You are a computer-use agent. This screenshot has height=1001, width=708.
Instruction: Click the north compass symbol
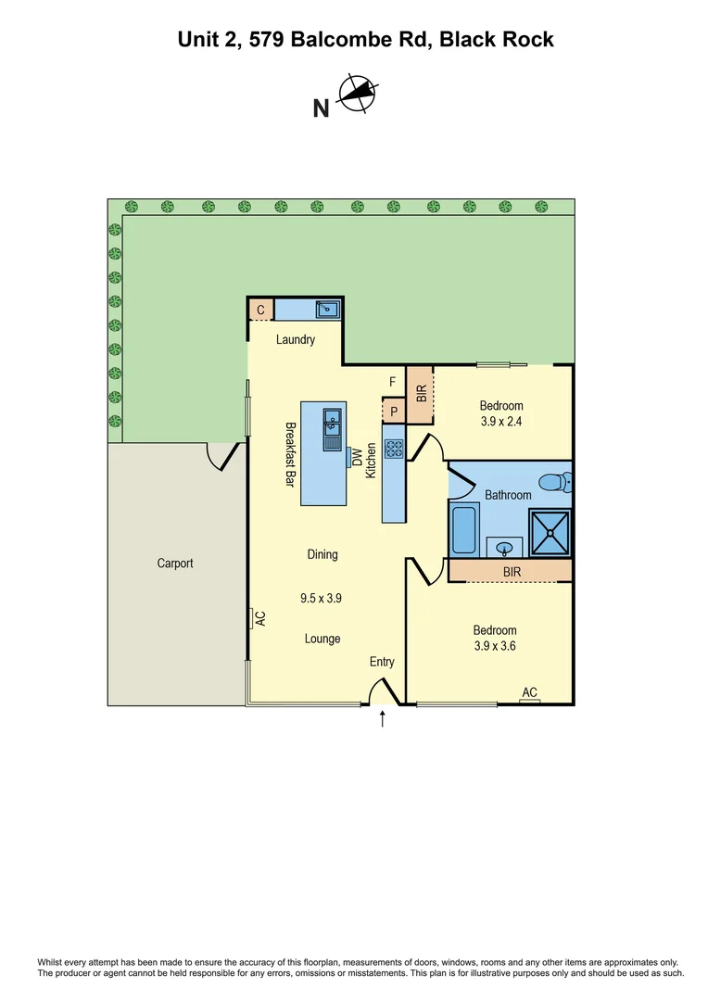tap(358, 94)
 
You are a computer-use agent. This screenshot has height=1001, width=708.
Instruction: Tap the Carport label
tap(175, 563)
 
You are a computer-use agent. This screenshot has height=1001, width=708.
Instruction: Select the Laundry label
tap(296, 339)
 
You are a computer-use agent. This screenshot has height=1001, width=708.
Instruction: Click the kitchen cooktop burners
tap(394, 449)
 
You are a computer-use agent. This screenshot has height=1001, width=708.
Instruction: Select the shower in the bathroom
tap(550, 532)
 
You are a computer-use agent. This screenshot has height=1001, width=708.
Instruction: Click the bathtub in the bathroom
tap(463, 529)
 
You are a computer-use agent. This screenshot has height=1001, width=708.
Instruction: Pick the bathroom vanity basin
tap(506, 547)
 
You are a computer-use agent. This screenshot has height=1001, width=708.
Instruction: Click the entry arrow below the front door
tap(383, 719)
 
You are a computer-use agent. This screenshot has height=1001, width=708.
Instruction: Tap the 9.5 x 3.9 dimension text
tap(322, 599)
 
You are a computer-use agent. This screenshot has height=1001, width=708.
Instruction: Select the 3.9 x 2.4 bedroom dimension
tap(501, 422)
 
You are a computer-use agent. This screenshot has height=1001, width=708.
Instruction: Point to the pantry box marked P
tap(394, 411)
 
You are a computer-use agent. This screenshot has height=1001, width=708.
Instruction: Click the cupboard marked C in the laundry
tap(260, 310)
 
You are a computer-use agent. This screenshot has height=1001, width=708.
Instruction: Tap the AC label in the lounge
tap(260, 618)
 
